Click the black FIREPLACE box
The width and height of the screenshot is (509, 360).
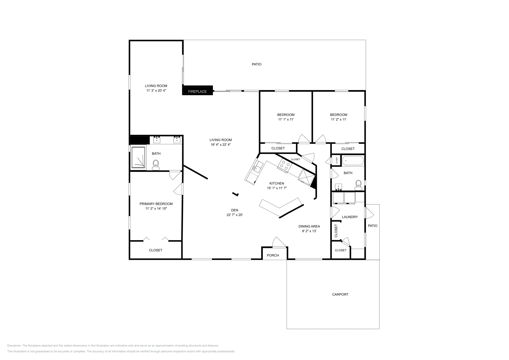pyautogui.click(x=197, y=90)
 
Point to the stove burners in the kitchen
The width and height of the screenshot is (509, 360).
pyautogui.click(x=284, y=165)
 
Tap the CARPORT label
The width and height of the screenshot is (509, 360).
pyautogui.click(x=340, y=294)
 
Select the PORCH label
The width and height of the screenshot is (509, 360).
pyautogui.click(x=273, y=255)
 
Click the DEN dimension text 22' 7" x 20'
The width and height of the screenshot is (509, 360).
pyautogui.click(x=234, y=215)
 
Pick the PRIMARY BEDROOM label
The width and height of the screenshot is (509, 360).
pyautogui.click(x=156, y=204)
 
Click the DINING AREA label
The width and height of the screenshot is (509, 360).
pyautogui.click(x=309, y=226)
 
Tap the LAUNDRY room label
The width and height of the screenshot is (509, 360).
pyautogui.click(x=350, y=217)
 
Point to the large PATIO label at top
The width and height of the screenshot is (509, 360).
pyautogui.click(x=256, y=64)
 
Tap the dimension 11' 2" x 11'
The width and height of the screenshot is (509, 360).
pyautogui.click(x=338, y=120)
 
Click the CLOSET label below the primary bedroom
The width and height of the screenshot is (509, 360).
pyautogui.click(x=156, y=250)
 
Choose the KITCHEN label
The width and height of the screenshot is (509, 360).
pyautogui.click(x=276, y=183)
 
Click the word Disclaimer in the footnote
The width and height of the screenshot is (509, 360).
pyautogui.click(x=14, y=345)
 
